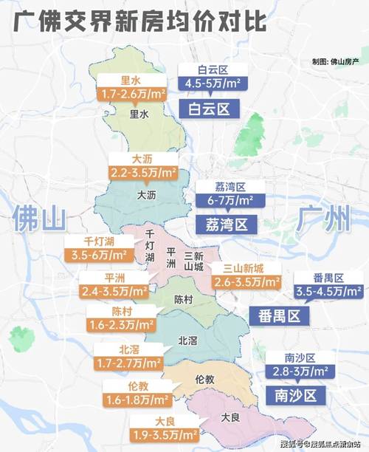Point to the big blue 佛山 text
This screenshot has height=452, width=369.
[x=39, y=219]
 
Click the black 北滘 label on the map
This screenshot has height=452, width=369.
[x=188, y=340]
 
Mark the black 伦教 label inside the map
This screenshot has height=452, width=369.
[x=204, y=379]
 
